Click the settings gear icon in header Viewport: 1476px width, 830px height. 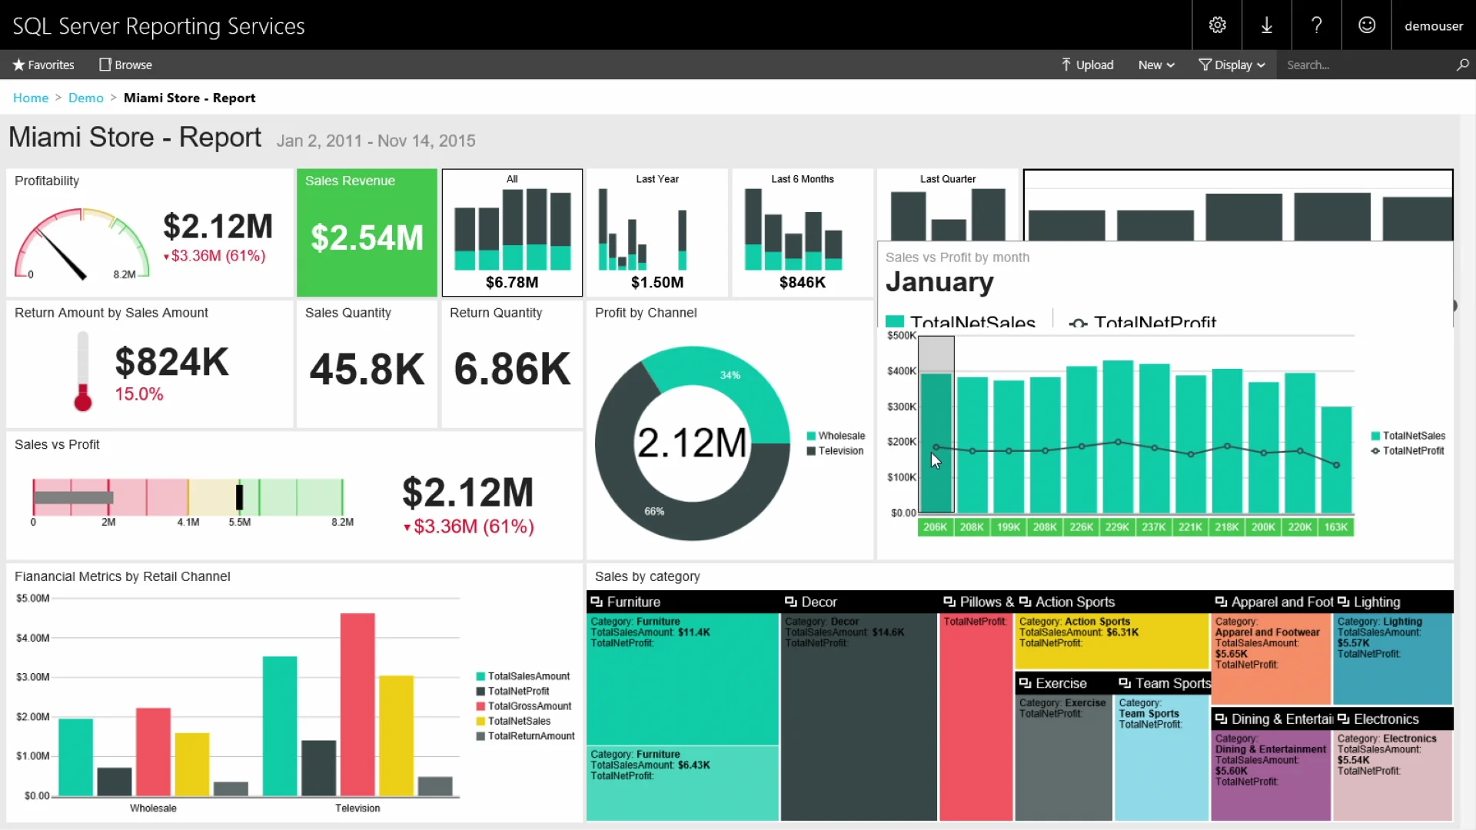pos(1217,25)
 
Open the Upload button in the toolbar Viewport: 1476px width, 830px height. pos(1087,65)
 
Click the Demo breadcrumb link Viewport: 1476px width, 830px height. pos(85,98)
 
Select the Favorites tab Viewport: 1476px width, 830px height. pos(43,65)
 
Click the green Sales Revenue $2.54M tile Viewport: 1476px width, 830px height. pos(367,233)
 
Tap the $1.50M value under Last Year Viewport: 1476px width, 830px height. pos(657,282)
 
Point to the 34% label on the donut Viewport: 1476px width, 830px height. pos(730,375)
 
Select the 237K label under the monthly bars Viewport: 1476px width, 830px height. pos(1153,527)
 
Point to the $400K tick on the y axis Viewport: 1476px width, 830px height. pos(901,371)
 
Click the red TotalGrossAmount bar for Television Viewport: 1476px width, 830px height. pos(357,703)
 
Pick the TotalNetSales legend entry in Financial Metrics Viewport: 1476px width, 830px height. pos(519,721)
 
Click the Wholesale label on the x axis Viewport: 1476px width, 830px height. pos(153,808)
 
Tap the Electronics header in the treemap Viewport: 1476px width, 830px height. pos(1385,719)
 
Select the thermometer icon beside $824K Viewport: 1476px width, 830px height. pos(83,370)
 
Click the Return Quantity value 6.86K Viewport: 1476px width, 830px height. pos(512,369)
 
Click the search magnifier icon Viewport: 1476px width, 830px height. pos(1462,65)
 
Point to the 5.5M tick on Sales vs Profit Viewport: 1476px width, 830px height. pos(239,522)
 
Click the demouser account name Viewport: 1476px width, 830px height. pos(1433,25)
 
